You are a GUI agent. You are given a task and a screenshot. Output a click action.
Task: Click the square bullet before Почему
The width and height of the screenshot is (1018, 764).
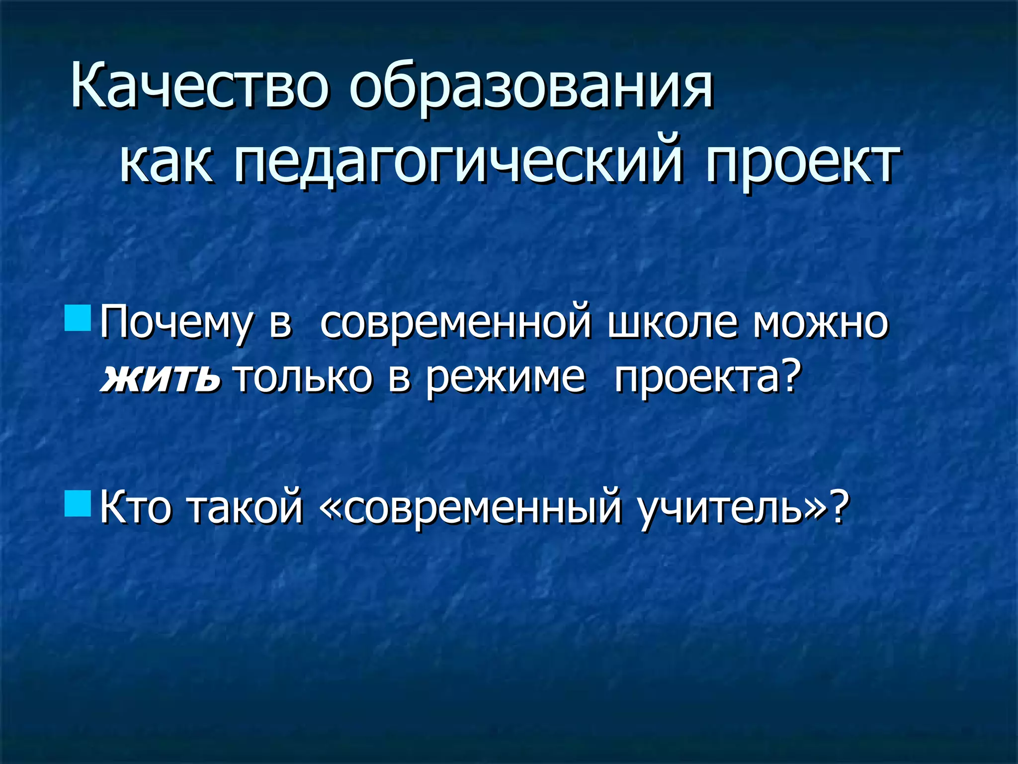pyautogui.click(x=78, y=319)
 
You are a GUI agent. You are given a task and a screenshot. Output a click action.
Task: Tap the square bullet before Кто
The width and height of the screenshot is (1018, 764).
pyautogui.click(x=78, y=503)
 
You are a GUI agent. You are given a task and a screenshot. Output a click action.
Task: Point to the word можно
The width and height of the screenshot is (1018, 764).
pyautogui.click(x=820, y=323)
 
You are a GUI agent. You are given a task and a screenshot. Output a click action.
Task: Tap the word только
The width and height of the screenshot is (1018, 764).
pyautogui.click(x=303, y=377)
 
